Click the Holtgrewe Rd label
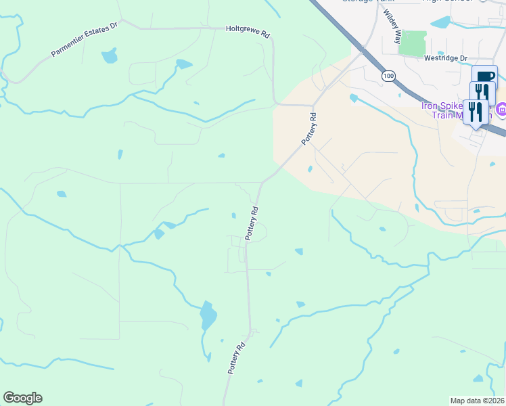pos(248,30)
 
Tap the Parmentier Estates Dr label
pos(84,42)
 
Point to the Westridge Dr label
pos(446,59)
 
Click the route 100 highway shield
pos(388,76)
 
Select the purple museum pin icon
pos(501,109)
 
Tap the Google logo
pos(22,398)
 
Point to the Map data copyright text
pos(478,401)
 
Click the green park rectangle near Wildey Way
pos(413,43)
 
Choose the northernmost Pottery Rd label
pos(309,128)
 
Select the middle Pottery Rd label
pos(252,223)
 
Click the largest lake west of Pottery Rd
pos(208,316)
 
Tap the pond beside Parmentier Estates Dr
pos(110,57)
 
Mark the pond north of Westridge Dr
pos(441,22)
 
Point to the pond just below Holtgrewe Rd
pos(183,65)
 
